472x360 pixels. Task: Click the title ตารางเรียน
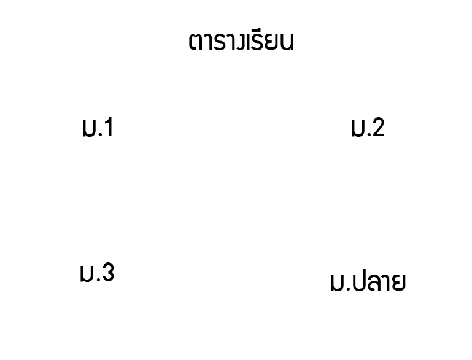(241, 41)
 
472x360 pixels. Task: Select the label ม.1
(98, 128)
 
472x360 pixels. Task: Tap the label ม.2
(368, 128)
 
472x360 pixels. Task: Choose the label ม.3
(97, 272)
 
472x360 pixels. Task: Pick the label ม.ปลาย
(368, 281)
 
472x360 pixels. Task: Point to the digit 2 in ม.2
(377, 127)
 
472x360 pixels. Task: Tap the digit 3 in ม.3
(107, 272)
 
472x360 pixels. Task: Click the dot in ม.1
(100, 135)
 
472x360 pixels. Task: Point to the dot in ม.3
(98, 280)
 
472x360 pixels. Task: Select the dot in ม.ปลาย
(348, 289)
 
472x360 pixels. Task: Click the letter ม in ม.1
(89, 129)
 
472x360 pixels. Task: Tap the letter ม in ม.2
(358, 129)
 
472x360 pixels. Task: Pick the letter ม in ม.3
(87, 274)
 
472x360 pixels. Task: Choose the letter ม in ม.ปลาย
(337, 284)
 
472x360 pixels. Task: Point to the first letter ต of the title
(195, 42)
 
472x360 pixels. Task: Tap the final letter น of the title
(287, 42)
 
